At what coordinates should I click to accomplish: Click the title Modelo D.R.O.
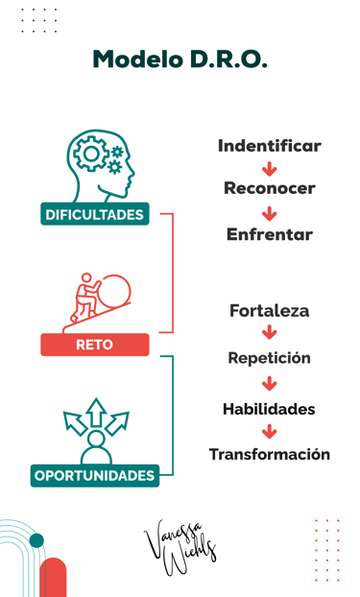pos(180,60)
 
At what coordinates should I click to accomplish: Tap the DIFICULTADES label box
pos(94,214)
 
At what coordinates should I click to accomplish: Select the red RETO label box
pos(94,345)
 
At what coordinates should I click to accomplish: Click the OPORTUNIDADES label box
pos(94,475)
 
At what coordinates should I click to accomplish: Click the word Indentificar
pos(269,146)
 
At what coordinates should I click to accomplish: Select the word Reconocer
pos(269,188)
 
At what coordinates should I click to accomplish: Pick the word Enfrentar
pos(269,234)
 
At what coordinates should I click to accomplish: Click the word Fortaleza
pos(269,311)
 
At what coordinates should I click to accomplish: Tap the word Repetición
pos(269,358)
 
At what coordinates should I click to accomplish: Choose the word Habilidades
pos(269,409)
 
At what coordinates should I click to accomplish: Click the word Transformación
pos(269,454)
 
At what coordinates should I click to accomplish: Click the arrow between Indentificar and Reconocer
pos(269,168)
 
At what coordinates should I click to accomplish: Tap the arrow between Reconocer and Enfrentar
pos(269,212)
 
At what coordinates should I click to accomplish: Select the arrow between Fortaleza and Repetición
pos(269,334)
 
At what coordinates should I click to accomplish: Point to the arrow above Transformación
pos(269,432)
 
